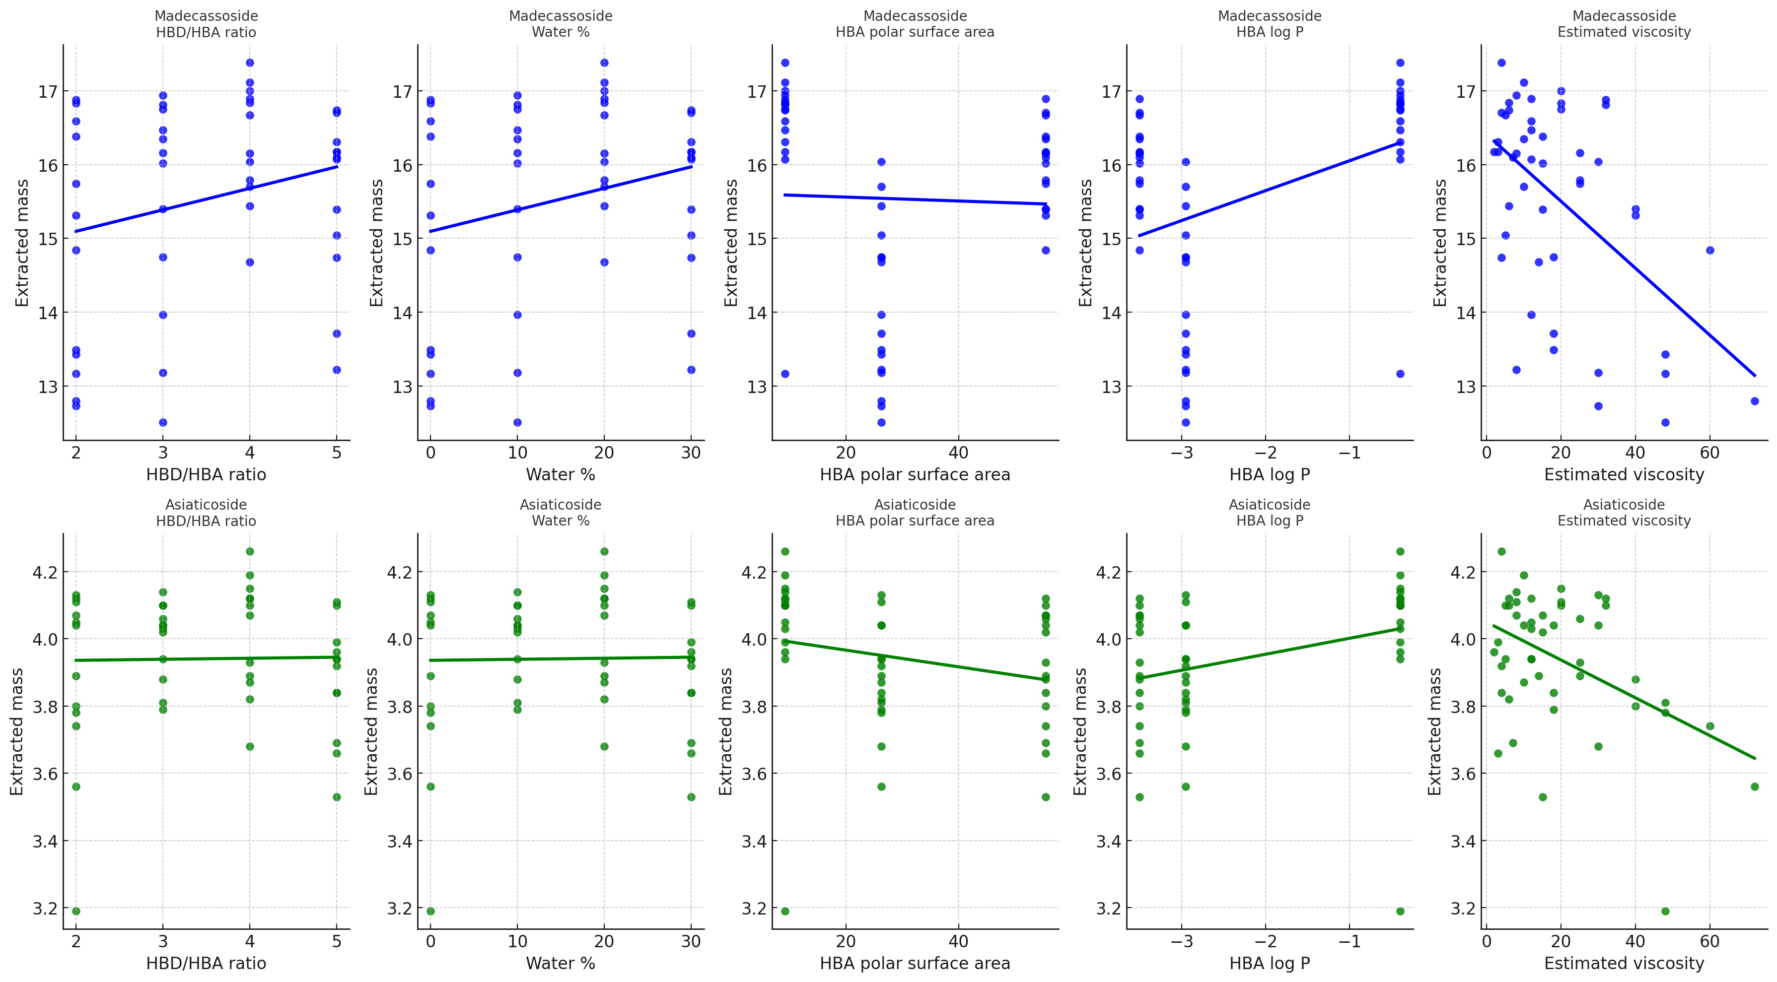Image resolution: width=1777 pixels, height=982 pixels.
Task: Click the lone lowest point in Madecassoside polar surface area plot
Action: (x=784, y=374)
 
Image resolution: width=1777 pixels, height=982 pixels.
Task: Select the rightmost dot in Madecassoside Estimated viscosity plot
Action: (x=1754, y=400)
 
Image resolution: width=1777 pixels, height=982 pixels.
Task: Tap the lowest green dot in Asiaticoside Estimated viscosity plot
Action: (x=1665, y=911)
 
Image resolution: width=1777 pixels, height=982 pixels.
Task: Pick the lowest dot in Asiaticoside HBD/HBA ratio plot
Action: (x=76, y=911)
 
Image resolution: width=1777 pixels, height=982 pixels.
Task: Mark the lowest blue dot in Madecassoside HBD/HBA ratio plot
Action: (x=163, y=422)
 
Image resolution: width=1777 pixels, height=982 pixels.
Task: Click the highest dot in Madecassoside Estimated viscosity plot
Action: (x=1501, y=63)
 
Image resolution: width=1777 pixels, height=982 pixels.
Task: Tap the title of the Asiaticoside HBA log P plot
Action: (x=1269, y=513)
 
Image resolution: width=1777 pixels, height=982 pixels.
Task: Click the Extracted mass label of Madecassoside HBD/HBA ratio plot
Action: (x=22, y=243)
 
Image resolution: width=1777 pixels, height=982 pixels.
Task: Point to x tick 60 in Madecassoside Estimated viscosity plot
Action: (x=1709, y=453)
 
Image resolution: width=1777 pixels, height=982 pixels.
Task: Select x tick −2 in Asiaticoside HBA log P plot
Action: (x=1265, y=942)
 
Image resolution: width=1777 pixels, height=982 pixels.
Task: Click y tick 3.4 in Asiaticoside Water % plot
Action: (x=398, y=841)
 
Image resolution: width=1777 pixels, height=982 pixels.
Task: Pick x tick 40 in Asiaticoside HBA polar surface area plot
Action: (x=958, y=942)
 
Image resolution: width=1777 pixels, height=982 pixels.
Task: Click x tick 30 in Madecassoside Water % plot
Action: (x=691, y=453)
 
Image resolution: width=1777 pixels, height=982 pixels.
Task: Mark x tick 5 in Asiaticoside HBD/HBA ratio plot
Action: (x=337, y=942)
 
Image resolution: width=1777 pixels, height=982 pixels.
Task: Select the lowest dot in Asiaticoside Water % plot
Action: (x=430, y=911)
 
